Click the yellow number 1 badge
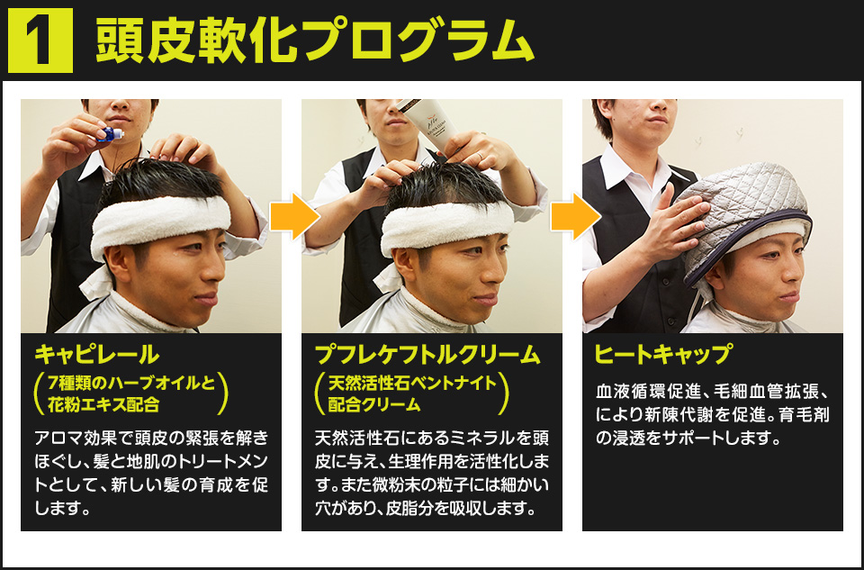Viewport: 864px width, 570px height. pyautogui.click(x=40, y=41)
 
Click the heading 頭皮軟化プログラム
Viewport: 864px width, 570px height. pyautogui.click(x=315, y=40)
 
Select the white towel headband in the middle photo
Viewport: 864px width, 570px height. pyautogui.click(x=447, y=226)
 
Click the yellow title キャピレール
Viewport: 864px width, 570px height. pyautogui.click(x=97, y=354)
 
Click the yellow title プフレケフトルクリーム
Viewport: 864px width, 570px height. pyautogui.click(x=427, y=354)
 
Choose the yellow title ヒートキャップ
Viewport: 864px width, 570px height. pyautogui.click(x=663, y=354)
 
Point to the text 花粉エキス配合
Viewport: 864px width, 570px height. pyautogui.click(x=103, y=404)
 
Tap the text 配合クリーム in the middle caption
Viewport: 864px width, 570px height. pyautogui.click(x=374, y=404)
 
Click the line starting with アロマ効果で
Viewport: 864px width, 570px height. pyautogui.click(x=151, y=438)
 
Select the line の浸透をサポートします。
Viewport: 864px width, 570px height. pyautogui.click(x=688, y=438)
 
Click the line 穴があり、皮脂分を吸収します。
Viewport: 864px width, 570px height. pyautogui.click(x=426, y=508)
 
